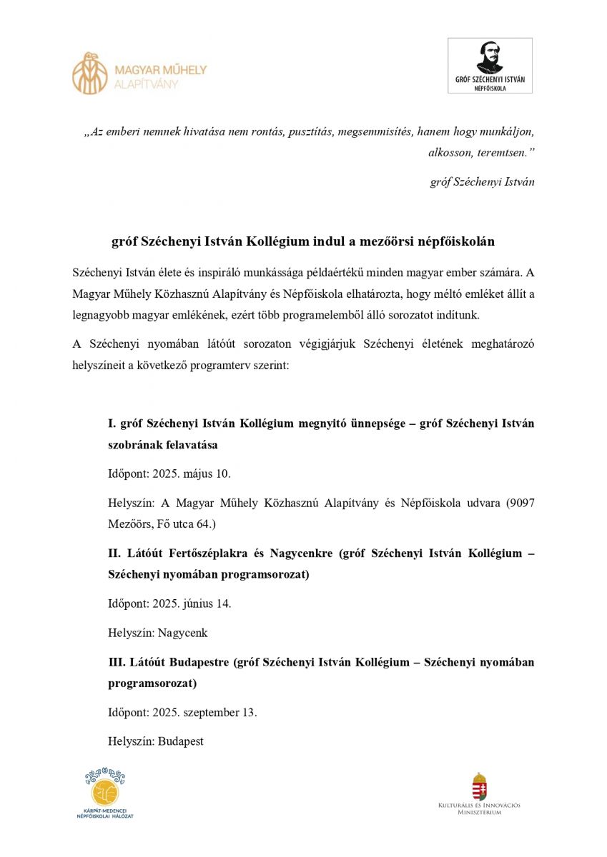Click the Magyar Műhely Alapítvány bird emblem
point(90,73)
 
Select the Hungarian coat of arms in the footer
point(479,786)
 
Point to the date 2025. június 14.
point(192,603)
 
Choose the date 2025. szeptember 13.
point(204,712)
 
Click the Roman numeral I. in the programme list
point(112,424)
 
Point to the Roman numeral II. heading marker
point(115,553)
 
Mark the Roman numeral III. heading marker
point(117,662)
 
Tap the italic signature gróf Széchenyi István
point(482,181)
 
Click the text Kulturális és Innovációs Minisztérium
point(479,808)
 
